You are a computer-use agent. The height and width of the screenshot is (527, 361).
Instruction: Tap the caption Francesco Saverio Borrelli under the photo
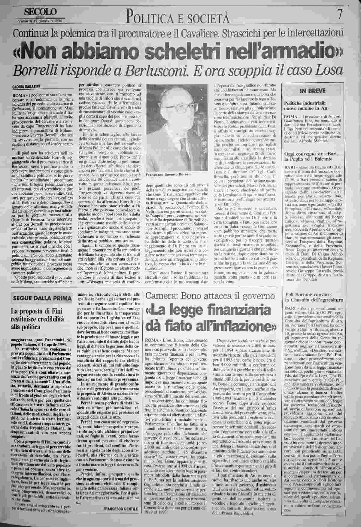click(x=168, y=175)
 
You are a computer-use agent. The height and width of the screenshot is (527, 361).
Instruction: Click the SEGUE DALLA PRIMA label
click(x=41, y=298)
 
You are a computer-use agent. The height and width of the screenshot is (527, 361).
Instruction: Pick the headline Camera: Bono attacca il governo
click(x=210, y=296)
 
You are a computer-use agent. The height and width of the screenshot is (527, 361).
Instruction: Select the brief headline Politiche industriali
click(x=303, y=103)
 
